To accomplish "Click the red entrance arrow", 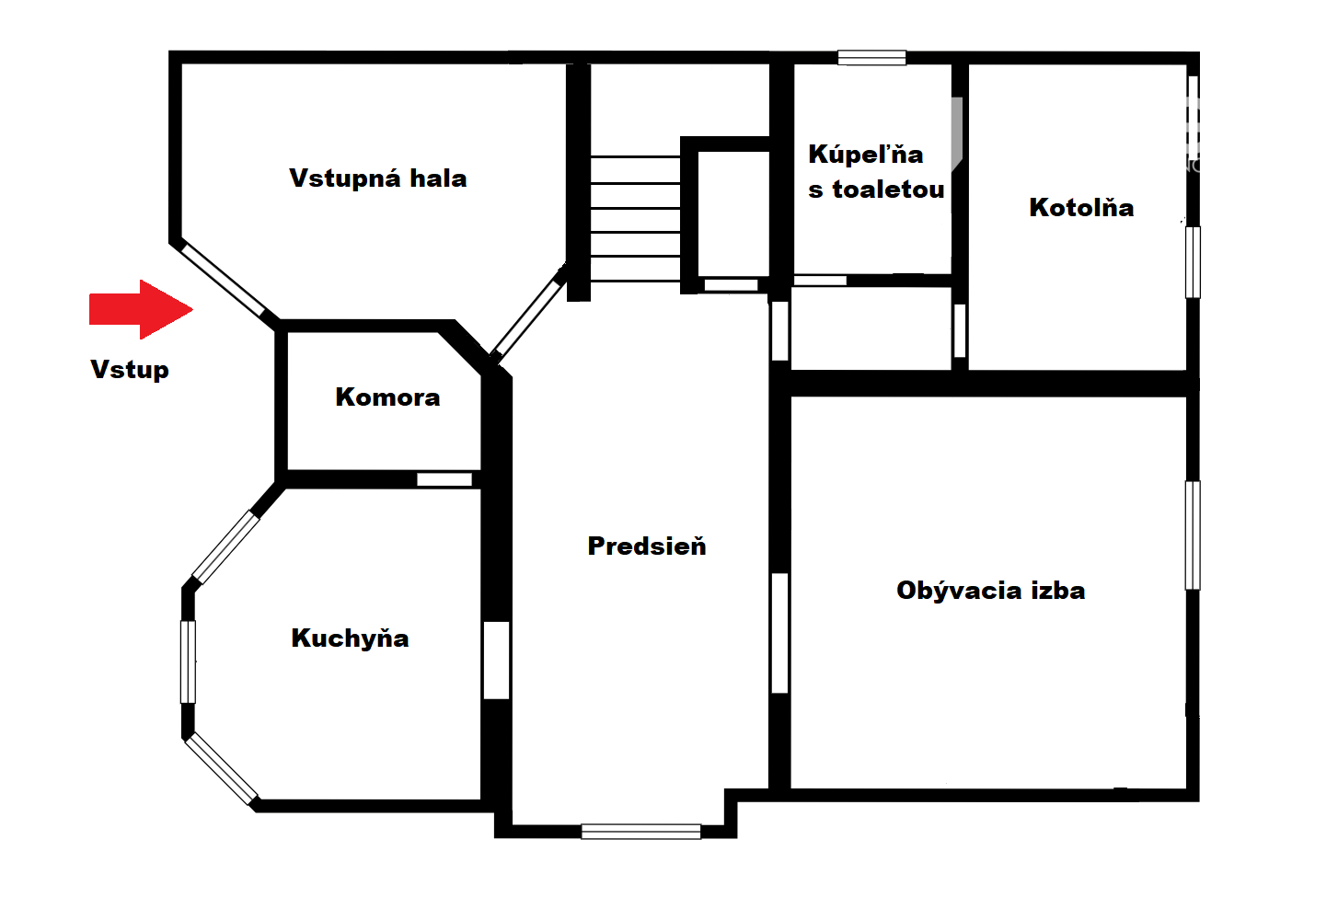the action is [141, 309].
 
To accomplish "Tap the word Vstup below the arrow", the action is [130, 370].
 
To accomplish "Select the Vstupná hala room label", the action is [377, 178].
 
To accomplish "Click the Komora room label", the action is [387, 397].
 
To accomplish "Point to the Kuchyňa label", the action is [350, 638].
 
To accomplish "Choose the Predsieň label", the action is [647, 546].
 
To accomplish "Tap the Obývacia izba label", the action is [991, 591].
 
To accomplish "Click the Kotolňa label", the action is [1081, 207].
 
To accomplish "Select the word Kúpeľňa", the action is [866, 154].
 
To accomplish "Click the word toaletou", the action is [888, 190].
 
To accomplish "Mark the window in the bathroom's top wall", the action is [871, 57].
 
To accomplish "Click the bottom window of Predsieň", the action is [640, 832].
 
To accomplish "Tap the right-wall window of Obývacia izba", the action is [1193, 535].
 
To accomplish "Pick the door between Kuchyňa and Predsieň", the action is [496, 660].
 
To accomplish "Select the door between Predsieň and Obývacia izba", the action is [779, 633].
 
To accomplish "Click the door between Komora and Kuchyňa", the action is [444, 479].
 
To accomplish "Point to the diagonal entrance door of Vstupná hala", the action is [222, 278].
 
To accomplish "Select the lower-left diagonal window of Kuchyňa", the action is [222, 768].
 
